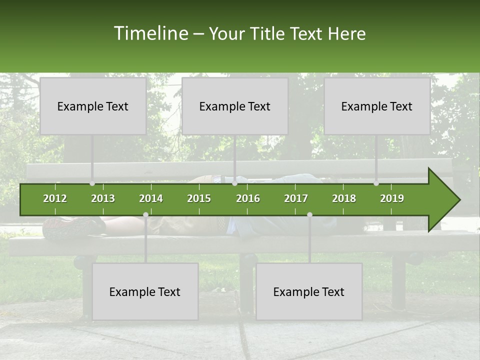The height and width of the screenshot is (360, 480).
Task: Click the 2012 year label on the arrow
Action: [55, 198]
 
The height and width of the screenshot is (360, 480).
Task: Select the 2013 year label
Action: [103, 198]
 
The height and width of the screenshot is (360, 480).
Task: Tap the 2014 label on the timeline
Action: [151, 198]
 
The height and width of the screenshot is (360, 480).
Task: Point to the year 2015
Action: [199, 198]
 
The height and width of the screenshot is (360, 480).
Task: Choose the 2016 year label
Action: [248, 198]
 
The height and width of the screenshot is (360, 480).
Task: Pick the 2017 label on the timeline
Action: [296, 198]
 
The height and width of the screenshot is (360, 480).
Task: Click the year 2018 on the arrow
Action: [344, 198]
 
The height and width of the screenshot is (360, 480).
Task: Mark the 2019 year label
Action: [392, 198]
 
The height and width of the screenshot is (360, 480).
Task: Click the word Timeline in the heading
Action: [150, 33]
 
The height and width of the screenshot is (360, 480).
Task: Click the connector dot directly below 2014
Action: [145, 214]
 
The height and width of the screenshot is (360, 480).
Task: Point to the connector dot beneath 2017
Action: [309, 214]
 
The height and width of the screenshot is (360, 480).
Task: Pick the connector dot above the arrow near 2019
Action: [376, 183]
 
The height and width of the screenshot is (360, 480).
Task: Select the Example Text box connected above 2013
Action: [93, 106]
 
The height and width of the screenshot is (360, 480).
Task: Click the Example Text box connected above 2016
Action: [235, 106]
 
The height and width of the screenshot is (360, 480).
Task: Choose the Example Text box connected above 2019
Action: [377, 106]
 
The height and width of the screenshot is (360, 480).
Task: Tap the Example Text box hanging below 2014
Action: [145, 291]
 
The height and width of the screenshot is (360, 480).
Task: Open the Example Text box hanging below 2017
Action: [309, 291]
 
